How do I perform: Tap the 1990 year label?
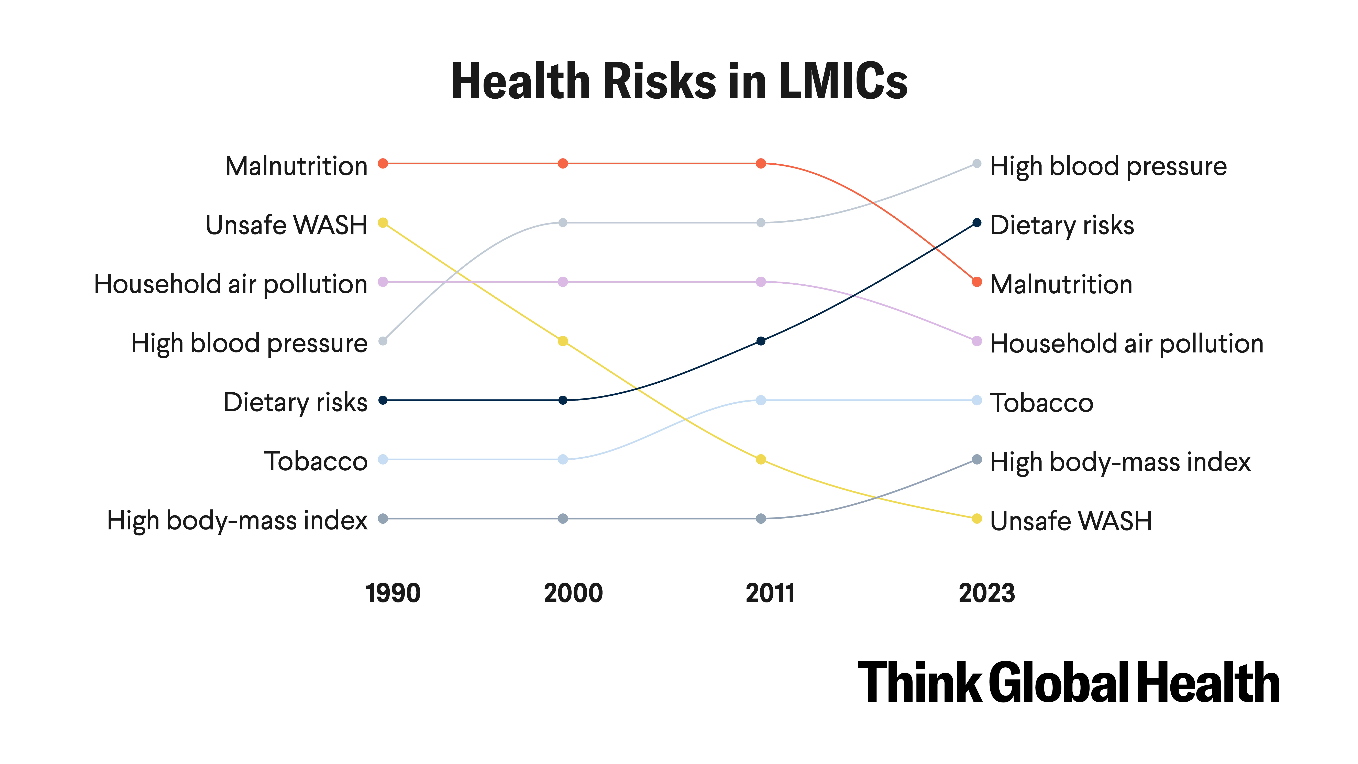click(393, 593)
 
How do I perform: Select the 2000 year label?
click(573, 593)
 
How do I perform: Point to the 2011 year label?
click(770, 593)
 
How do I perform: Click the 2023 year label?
click(986, 593)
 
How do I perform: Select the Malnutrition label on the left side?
click(296, 166)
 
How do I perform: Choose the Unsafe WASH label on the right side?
click(1071, 521)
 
